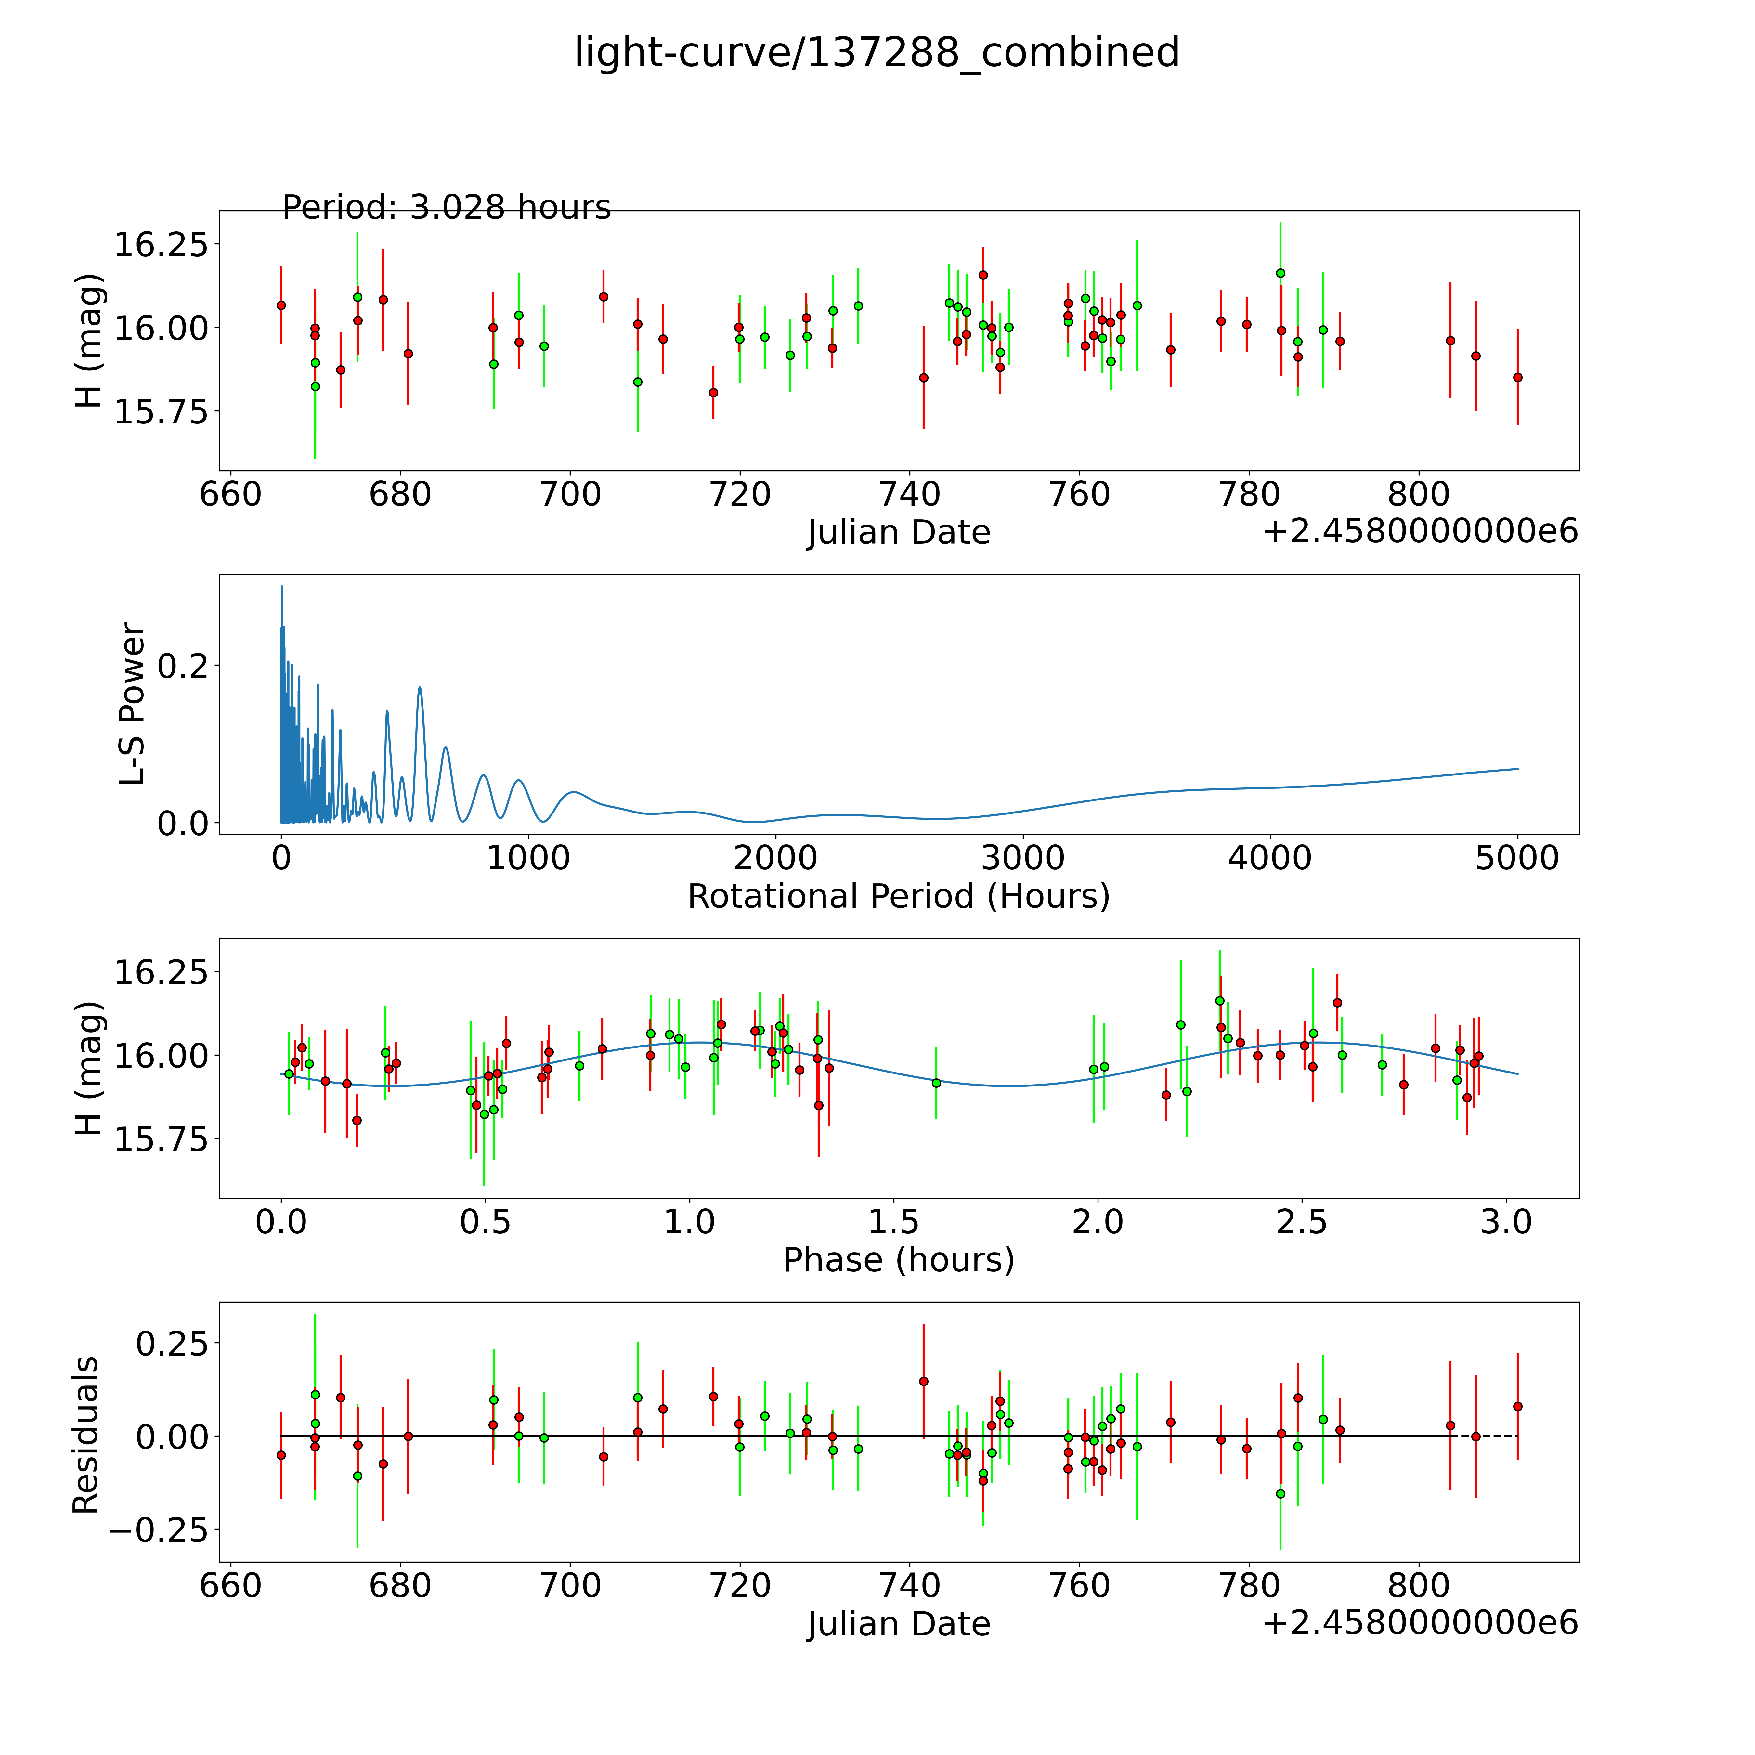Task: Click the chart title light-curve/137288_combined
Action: (x=877, y=53)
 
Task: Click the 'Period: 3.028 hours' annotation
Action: (x=446, y=208)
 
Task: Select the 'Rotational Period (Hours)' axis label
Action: (x=898, y=897)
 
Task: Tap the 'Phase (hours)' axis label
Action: (x=898, y=1260)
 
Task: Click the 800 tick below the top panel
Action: (x=1419, y=495)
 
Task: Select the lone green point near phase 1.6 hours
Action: (x=937, y=1083)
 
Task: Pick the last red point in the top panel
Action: (x=1517, y=377)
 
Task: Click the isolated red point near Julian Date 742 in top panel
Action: (x=924, y=377)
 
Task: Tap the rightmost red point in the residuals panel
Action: (x=1517, y=1406)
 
